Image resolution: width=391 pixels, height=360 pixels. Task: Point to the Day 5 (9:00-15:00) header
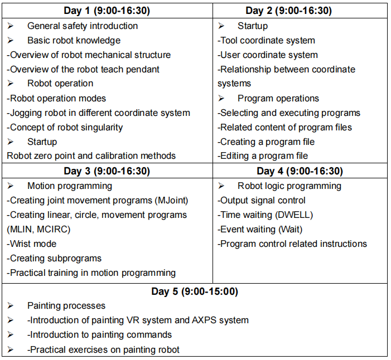[195, 291]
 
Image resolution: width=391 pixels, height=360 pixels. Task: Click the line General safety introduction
[82, 26]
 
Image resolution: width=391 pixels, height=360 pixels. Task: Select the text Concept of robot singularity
[65, 127]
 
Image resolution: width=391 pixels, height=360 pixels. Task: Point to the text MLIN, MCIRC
[39, 229]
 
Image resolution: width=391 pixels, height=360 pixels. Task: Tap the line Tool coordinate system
[267, 40]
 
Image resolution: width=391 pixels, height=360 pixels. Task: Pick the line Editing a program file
[263, 156]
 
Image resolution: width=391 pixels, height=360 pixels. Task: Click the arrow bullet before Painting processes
[11, 305]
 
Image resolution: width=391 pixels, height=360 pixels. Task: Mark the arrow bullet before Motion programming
[11, 186]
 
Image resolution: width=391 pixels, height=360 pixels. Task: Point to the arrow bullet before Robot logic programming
[221, 186]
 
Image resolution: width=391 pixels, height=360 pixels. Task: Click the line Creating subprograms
[54, 258]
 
